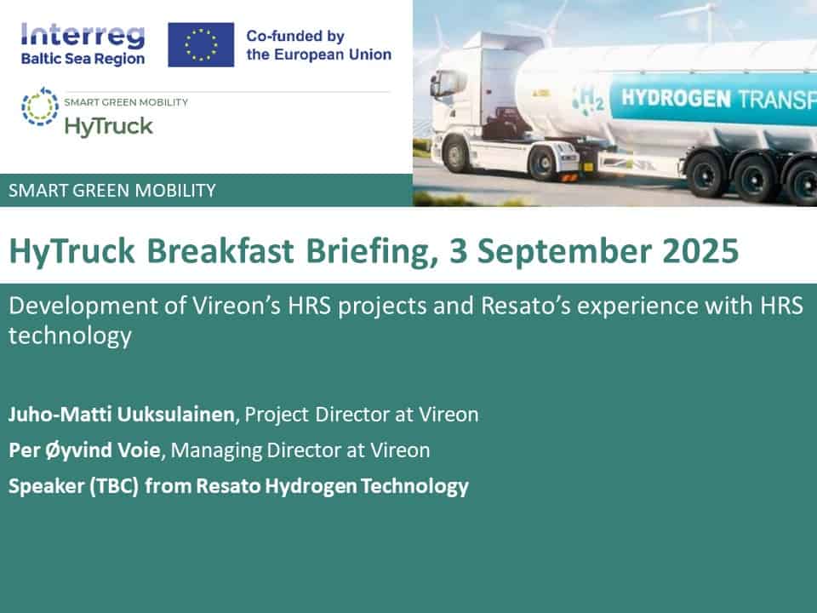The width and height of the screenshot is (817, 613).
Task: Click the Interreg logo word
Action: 83,36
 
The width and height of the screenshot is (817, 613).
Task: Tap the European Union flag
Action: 201,45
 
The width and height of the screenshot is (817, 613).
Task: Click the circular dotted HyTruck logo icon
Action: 40,106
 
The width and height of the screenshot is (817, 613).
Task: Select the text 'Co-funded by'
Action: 295,36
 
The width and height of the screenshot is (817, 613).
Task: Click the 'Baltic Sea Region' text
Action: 83,59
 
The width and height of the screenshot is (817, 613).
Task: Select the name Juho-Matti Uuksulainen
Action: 122,415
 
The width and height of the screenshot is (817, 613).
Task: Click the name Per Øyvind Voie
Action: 84,450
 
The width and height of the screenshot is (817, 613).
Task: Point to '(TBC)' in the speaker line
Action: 113,486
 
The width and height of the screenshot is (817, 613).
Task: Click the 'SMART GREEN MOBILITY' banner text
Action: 112,190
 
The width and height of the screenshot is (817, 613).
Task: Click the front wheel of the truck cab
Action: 456,154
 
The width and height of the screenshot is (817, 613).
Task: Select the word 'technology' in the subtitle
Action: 70,336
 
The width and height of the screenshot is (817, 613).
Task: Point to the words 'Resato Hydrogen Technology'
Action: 333,486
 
